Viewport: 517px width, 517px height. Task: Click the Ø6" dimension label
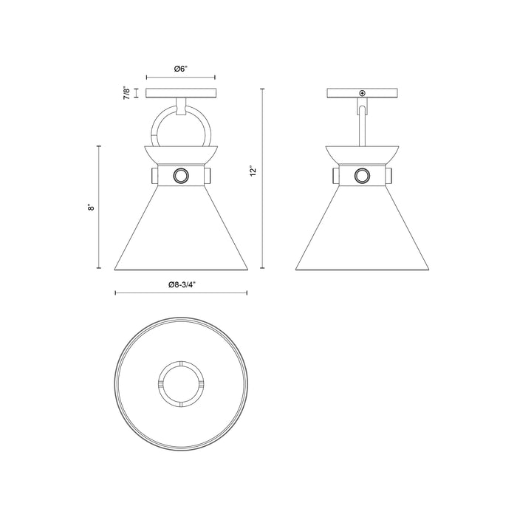(181, 69)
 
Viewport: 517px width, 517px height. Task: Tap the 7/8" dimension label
(127, 93)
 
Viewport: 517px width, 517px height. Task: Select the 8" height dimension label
(91, 208)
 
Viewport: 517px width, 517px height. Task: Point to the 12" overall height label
(253, 171)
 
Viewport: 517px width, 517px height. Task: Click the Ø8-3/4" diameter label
(180, 283)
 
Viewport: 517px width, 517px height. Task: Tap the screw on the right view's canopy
(362, 93)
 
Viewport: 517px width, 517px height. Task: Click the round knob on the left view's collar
(181, 175)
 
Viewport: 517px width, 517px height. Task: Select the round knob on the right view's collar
(362, 175)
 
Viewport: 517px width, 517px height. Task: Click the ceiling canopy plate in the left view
(181, 93)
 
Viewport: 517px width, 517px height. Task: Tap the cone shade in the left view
(181, 233)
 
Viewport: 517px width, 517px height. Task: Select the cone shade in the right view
(362, 233)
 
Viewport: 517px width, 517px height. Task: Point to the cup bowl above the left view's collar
(181, 154)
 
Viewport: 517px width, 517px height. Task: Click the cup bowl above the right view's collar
(362, 154)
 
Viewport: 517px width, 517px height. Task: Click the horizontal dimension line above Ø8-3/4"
(181, 293)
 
